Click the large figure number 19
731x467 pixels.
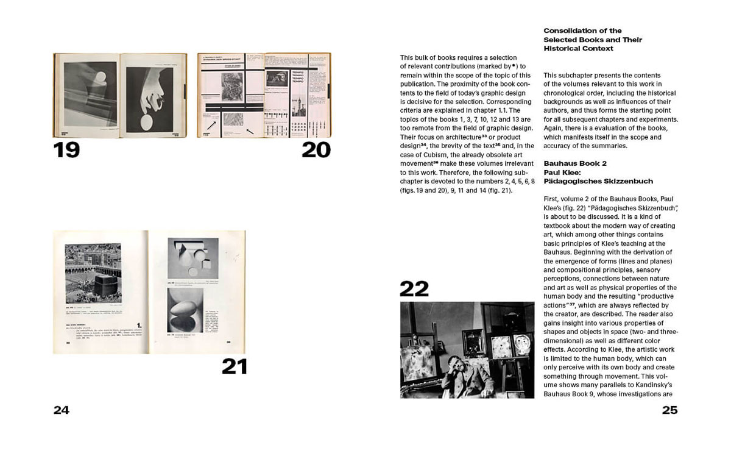tap(66, 149)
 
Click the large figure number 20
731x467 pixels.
tap(316, 149)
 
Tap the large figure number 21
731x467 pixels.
tap(235, 366)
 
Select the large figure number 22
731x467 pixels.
tap(414, 288)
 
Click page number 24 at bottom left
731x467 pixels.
tap(62, 410)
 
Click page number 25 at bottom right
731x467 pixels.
tap(669, 410)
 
